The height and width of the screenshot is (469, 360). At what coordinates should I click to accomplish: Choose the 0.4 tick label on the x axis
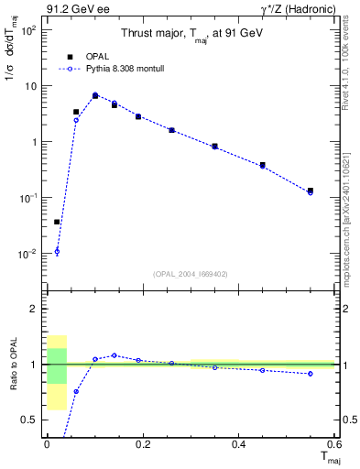click(x=239, y=445)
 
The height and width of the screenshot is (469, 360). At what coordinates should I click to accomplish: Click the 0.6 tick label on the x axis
click(x=333, y=445)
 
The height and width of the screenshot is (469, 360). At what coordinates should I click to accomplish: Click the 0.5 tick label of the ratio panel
click(x=30, y=420)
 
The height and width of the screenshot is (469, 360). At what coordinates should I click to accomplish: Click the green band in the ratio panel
click(x=57, y=365)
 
